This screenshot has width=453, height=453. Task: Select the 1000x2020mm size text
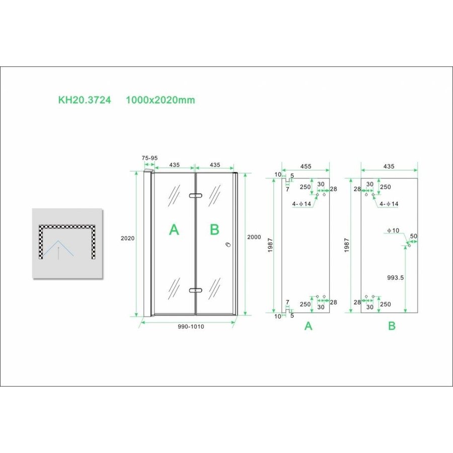point(161,100)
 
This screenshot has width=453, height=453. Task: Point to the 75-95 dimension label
point(149,158)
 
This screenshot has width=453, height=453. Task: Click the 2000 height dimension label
point(254,238)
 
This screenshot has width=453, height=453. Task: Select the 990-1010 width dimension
point(190,327)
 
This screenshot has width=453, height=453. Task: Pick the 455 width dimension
point(306,166)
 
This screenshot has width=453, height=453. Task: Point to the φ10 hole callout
point(393,231)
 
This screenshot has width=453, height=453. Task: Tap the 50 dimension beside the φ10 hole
point(414,236)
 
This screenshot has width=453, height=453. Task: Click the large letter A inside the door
point(174,230)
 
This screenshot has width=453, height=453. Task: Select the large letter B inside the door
point(214,230)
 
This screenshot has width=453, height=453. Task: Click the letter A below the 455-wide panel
point(309,326)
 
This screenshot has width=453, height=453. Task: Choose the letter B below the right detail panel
point(392,326)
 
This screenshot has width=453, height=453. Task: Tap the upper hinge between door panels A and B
point(195,195)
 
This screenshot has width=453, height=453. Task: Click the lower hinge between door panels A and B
point(195,290)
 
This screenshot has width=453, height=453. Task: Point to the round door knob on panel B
point(228,245)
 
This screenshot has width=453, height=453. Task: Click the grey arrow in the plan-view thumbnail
point(59,252)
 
